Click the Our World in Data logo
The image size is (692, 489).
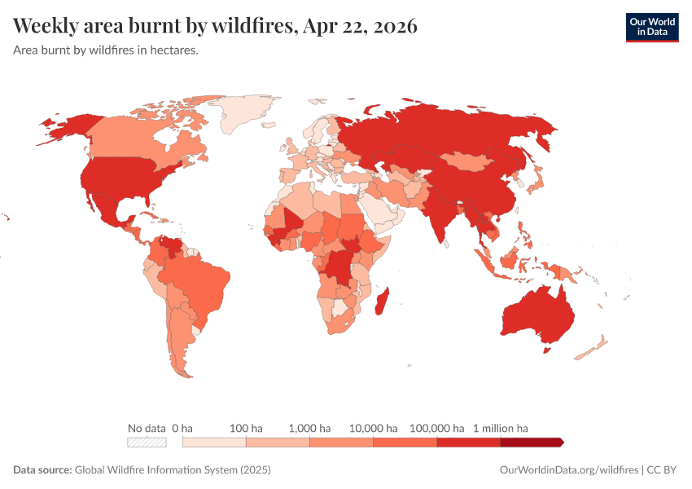coord(651,27)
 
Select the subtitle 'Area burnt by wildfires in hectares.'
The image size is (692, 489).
coord(106,50)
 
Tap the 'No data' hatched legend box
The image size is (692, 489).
coord(147,443)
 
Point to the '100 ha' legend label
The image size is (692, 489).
coord(246,428)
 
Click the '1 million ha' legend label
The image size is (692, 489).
coord(501,428)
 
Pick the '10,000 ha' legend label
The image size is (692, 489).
coord(374,428)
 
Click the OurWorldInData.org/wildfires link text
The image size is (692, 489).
coord(568,470)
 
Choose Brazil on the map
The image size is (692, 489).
coord(199,285)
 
